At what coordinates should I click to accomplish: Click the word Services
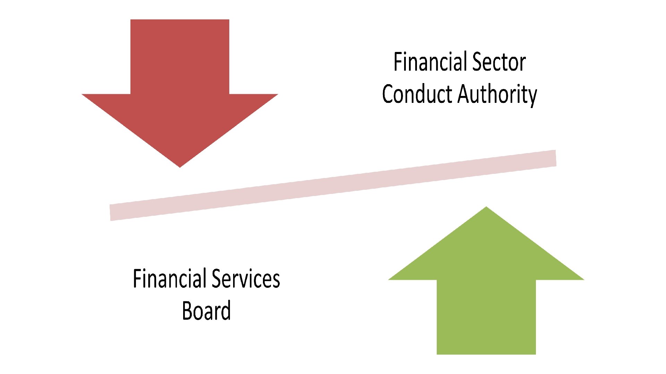click(x=246, y=279)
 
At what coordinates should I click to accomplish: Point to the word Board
click(x=206, y=311)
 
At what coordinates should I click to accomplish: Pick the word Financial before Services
click(x=170, y=279)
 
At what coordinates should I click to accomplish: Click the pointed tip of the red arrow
click(x=180, y=167)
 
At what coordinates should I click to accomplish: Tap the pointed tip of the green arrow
click(x=486, y=207)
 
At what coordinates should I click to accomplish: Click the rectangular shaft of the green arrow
click(x=486, y=317)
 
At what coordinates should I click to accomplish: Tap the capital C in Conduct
click(x=388, y=94)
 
